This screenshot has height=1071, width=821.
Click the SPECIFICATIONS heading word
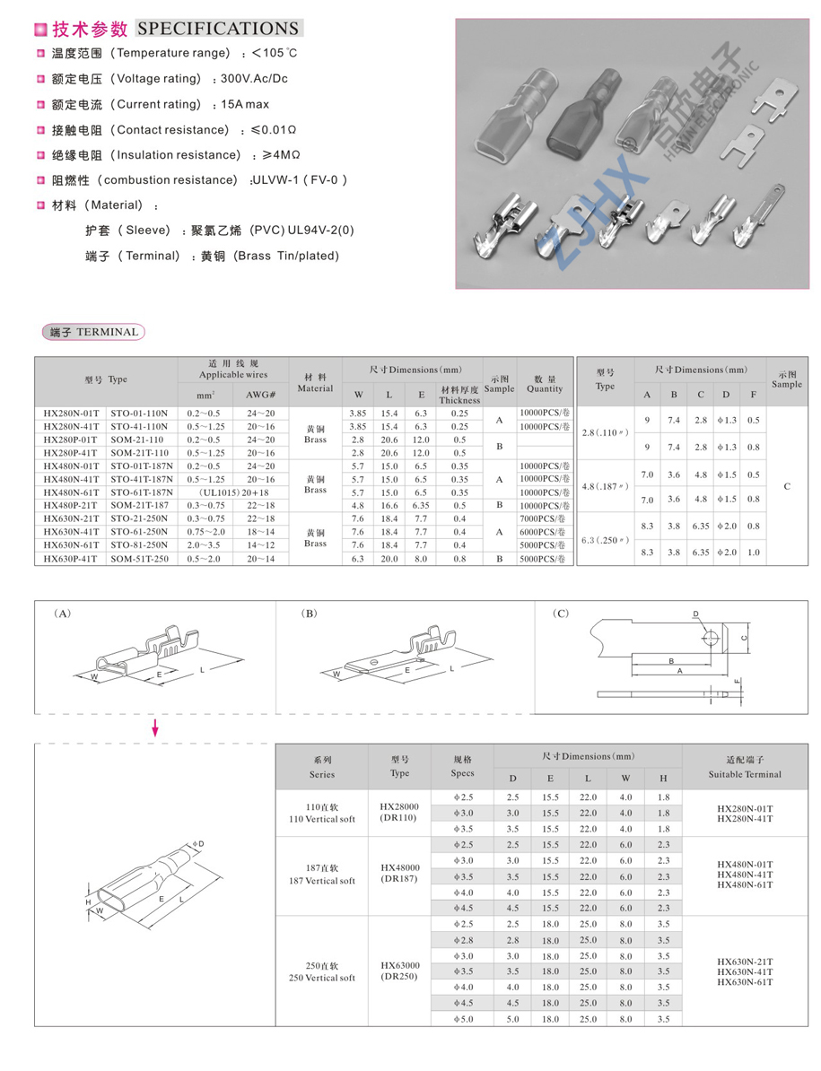coord(218,29)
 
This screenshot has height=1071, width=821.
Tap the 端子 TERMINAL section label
coord(93,332)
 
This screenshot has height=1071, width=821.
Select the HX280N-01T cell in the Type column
coord(72,414)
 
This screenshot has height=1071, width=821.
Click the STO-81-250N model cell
coord(141,545)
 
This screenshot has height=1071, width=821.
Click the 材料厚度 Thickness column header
coord(459,395)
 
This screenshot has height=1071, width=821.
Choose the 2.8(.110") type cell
coord(605,432)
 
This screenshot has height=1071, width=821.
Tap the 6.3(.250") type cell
coord(605,540)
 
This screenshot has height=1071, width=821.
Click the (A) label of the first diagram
coord(63,614)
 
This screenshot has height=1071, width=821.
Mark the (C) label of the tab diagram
coord(561,614)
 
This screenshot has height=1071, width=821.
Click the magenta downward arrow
coord(154,727)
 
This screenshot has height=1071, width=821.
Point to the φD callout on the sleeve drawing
coord(198,844)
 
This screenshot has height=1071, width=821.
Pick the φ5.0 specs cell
coord(462,1019)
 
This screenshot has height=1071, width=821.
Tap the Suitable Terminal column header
coord(745,767)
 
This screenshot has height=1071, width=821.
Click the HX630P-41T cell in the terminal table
coord(72,559)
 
